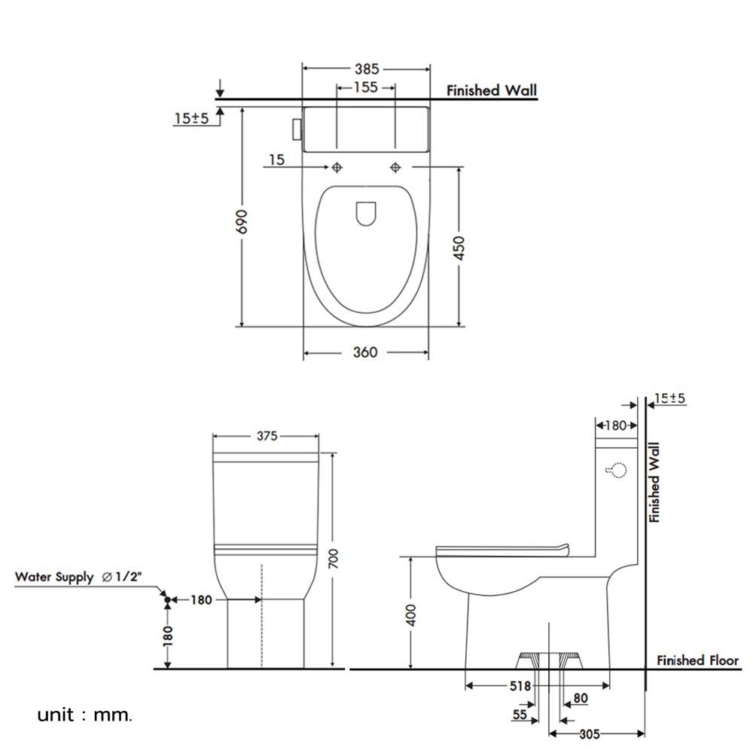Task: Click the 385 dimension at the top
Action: click(367, 69)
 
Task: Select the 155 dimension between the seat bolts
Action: click(365, 87)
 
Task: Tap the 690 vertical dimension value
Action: click(242, 221)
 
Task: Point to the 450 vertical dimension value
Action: click(459, 248)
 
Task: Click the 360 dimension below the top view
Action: click(365, 352)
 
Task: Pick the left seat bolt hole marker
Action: click(337, 167)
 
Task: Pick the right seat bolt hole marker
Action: click(395, 167)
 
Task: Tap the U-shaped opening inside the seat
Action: click(366, 213)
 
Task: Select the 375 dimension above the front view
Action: click(267, 436)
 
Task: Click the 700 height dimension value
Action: click(333, 559)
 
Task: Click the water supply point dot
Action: click(167, 600)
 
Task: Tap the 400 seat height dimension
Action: click(410, 615)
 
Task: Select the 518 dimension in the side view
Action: click(520, 686)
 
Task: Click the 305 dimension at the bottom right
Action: click(590, 733)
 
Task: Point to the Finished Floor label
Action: click(697, 661)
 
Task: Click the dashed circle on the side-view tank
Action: click(618, 470)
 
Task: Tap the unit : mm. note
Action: click(84, 715)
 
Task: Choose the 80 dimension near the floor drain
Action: click(581, 698)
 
